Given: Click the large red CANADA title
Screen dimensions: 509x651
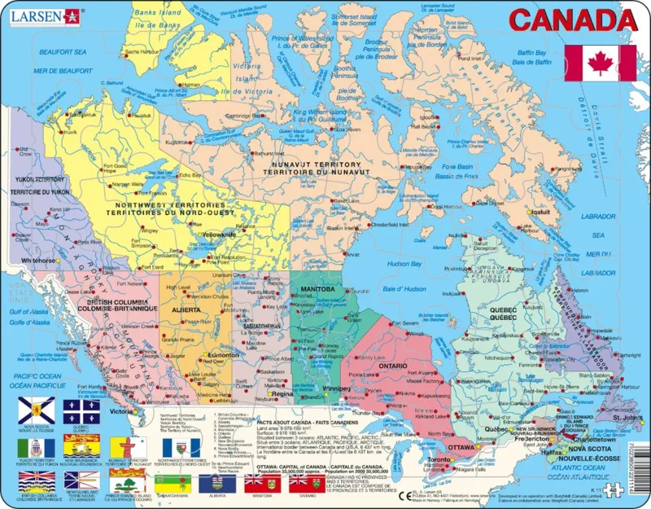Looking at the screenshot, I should click(571, 20).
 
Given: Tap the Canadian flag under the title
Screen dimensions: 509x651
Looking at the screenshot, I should click(600, 63).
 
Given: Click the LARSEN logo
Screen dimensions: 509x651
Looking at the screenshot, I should click(40, 14).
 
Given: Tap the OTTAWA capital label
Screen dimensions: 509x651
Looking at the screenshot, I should click(461, 447).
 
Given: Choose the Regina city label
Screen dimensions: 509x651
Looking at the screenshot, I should click(282, 393).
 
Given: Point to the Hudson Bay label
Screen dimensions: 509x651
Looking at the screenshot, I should click(404, 263).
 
